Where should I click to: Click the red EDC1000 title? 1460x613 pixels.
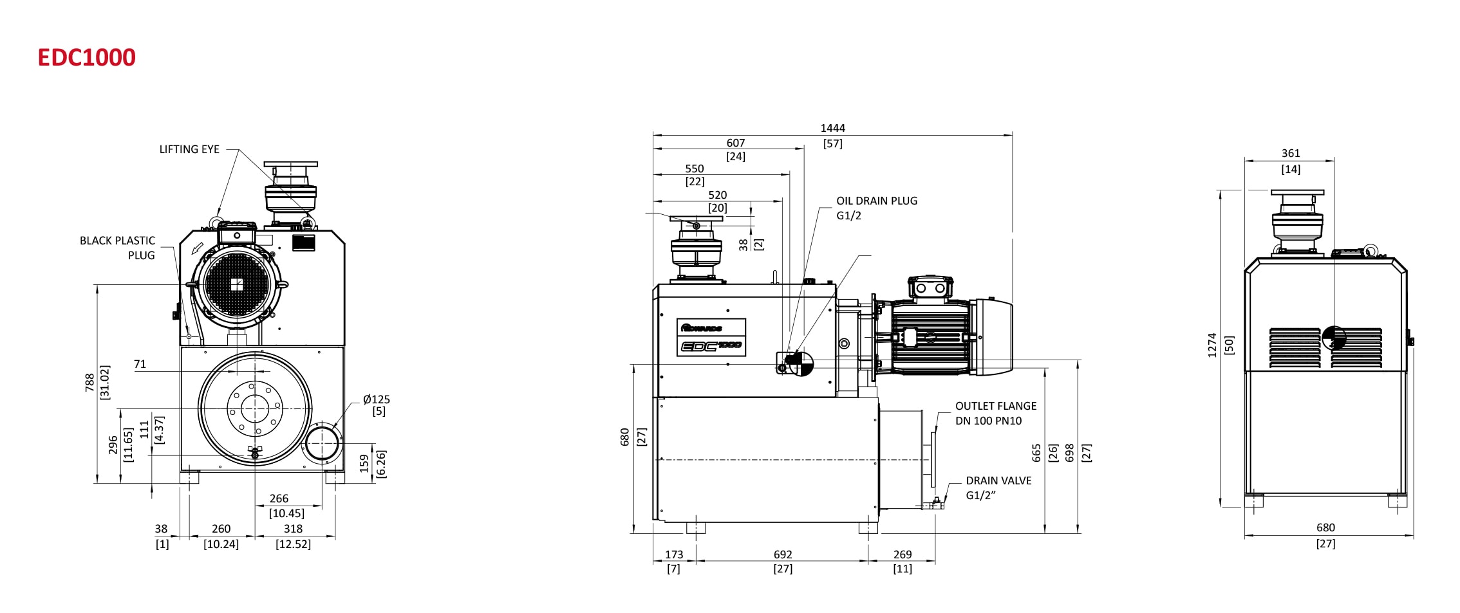(87, 58)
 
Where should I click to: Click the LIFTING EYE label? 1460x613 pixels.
(189, 149)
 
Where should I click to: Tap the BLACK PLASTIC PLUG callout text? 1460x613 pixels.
(118, 248)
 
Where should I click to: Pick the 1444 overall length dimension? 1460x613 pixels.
(832, 129)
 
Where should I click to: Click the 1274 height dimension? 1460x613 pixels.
(1213, 345)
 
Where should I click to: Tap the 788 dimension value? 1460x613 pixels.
(90, 382)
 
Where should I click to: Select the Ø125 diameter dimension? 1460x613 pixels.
(377, 399)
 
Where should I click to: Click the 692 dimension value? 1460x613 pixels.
(783, 554)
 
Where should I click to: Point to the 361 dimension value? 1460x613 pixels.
(1291, 154)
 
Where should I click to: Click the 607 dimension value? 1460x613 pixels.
(736, 143)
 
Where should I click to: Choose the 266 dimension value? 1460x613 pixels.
(279, 499)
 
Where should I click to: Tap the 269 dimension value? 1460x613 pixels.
(903, 554)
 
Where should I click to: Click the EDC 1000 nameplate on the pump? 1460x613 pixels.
(711, 337)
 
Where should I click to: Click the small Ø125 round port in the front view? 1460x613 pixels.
(322, 443)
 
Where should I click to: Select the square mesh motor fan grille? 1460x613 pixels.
(237, 284)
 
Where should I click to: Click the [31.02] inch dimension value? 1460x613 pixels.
(105, 382)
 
